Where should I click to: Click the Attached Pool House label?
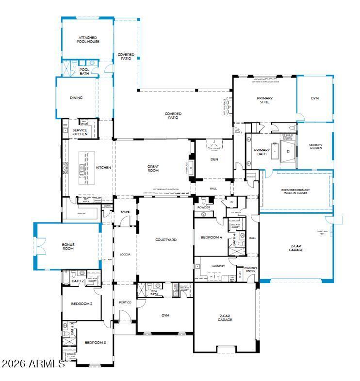point(88,40)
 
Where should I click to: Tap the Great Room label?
point(153,168)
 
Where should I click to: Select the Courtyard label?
point(165,239)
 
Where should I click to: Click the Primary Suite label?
point(264,100)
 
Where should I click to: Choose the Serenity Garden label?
point(315,146)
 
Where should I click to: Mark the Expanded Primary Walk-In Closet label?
point(295,192)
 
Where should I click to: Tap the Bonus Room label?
point(67,246)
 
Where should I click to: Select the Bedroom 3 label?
point(95,342)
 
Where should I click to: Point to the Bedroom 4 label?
point(211,237)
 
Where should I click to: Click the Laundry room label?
point(218,266)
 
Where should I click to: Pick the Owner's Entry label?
point(250,270)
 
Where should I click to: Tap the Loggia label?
point(125,254)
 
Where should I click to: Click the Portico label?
point(125,302)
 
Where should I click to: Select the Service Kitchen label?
point(80,132)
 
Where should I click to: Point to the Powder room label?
point(204,207)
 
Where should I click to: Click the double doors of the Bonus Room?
point(41,246)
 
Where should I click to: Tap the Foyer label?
point(125,212)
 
